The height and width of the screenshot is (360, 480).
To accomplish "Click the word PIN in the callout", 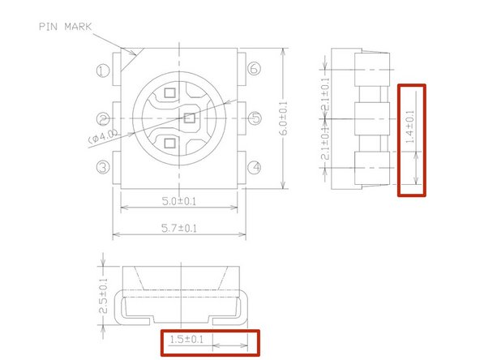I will click(x=49, y=26).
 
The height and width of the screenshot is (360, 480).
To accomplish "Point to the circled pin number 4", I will click(x=255, y=168).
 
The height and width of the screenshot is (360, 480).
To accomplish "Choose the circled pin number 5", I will click(x=255, y=119).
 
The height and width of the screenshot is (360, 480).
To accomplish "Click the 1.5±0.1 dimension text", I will click(x=185, y=339).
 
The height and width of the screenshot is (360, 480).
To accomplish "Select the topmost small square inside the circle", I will click(x=169, y=93).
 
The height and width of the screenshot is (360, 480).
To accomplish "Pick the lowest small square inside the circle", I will click(x=169, y=144).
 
